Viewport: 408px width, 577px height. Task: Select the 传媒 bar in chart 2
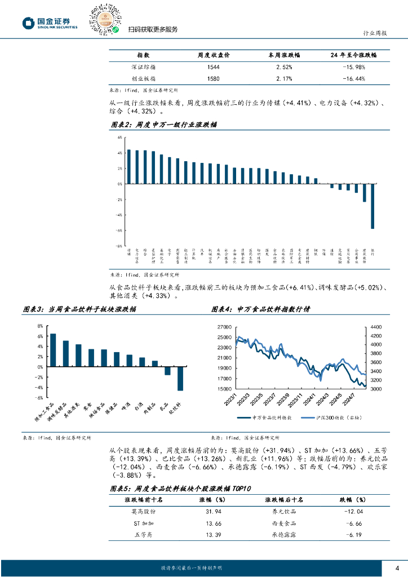[x=128, y=167]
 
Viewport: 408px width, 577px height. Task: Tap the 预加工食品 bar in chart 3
[x=53, y=350]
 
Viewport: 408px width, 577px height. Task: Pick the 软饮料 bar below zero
[x=180, y=378]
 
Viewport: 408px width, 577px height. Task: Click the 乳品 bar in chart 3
[x=167, y=371]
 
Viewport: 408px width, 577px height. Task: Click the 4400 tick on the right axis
[x=376, y=327]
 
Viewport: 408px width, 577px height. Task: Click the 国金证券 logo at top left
[x=50, y=23]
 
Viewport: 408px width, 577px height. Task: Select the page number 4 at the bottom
[x=397, y=567]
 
